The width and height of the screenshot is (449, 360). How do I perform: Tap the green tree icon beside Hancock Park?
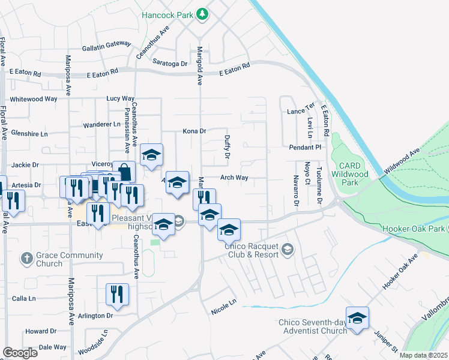pyautogui.click(x=203, y=14)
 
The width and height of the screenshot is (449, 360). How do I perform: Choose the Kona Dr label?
pyautogui.click(x=194, y=131)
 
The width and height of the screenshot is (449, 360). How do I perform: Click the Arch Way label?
pyautogui.click(x=234, y=178)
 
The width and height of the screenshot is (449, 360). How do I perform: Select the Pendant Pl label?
pyautogui.click(x=305, y=147)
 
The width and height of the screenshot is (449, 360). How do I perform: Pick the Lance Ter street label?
pyautogui.click(x=301, y=112)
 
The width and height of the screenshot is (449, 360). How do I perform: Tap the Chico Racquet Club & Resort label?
pyautogui.click(x=252, y=250)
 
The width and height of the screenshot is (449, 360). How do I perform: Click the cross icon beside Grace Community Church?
pyautogui.click(x=26, y=259)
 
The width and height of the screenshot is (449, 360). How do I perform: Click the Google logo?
pyautogui.click(x=20, y=353)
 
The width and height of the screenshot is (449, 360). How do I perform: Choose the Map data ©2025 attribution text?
pyautogui.click(x=423, y=355)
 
